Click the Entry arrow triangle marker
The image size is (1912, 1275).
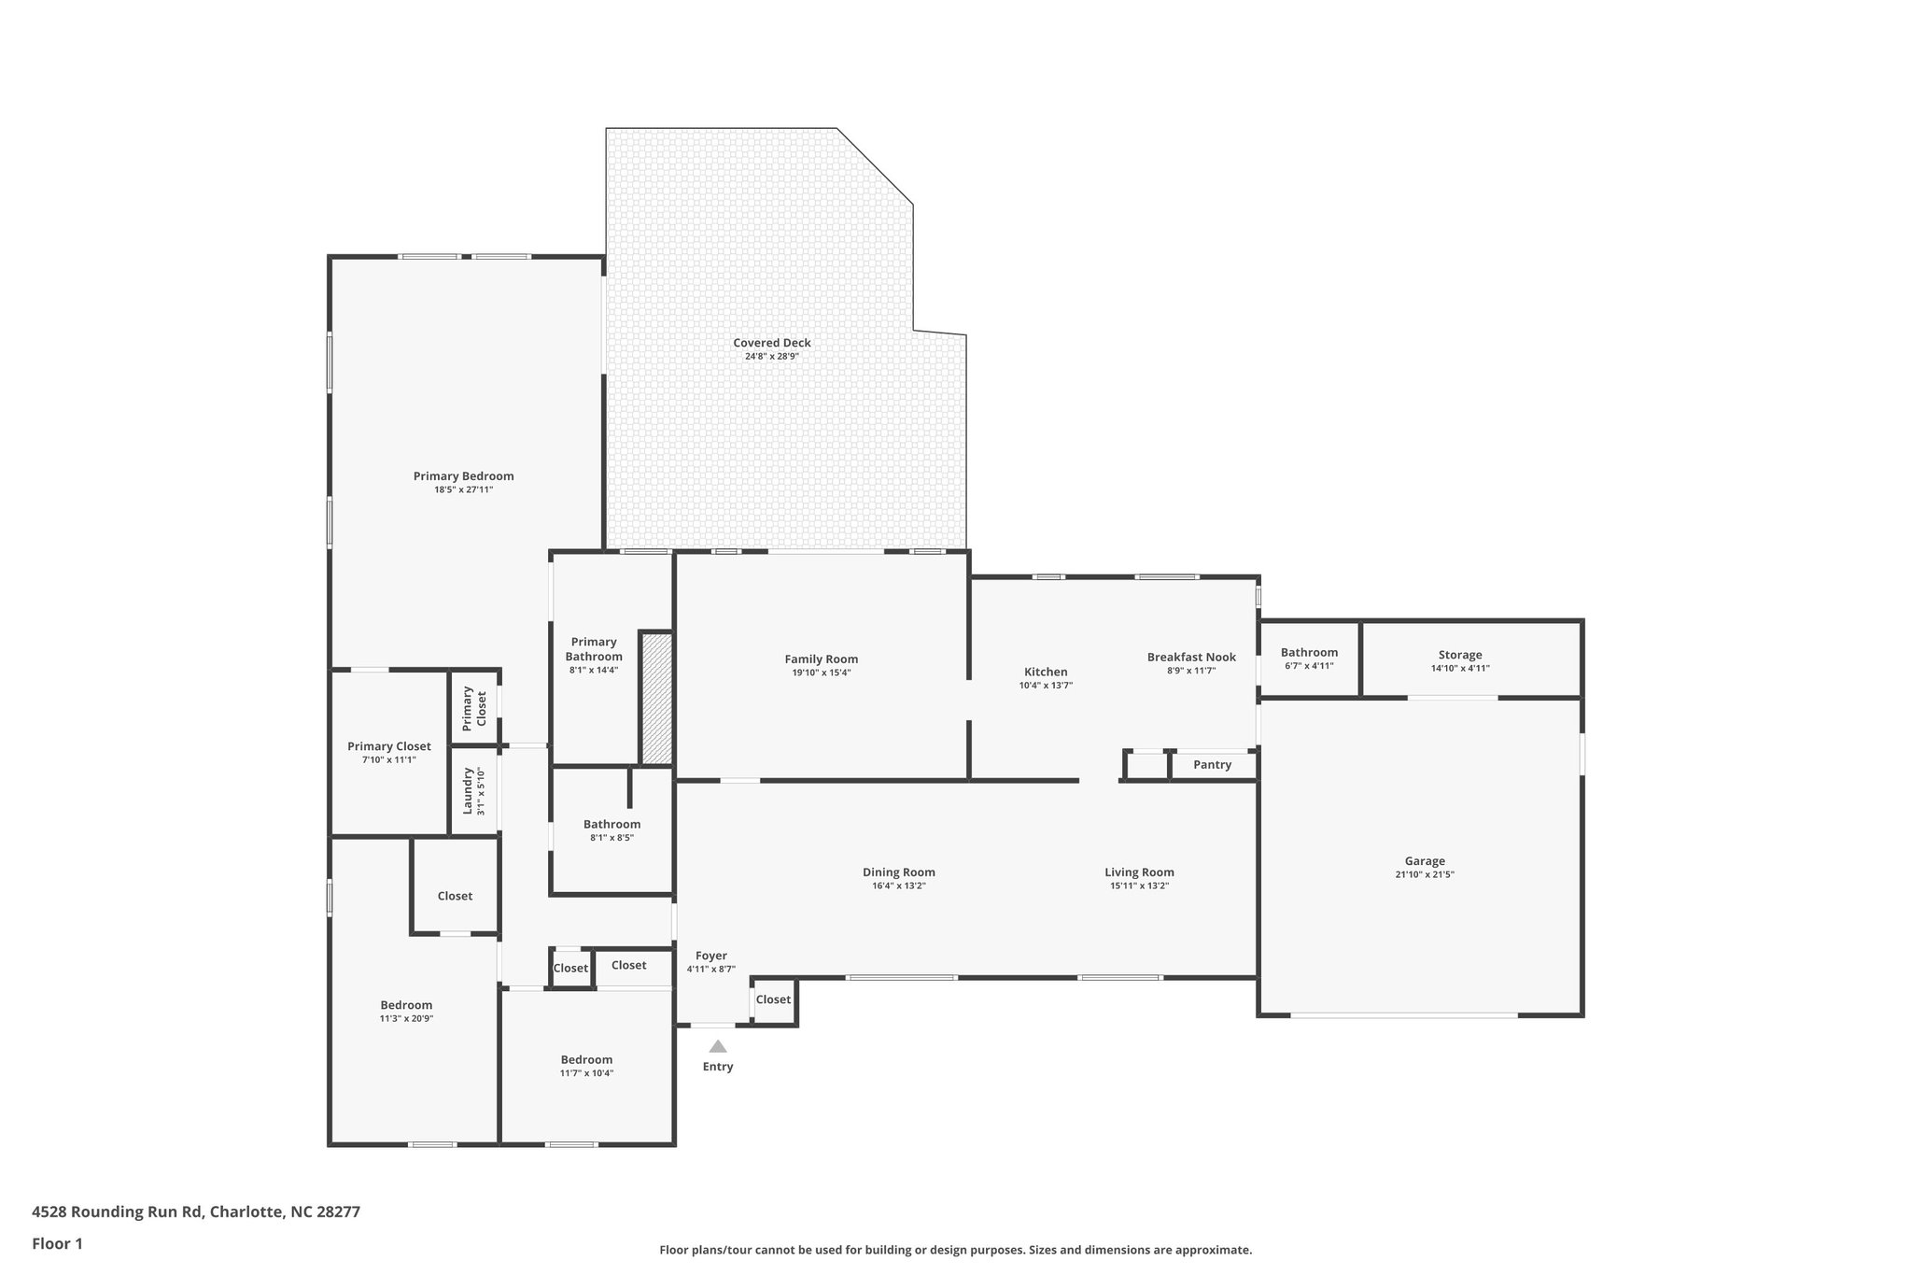pyautogui.click(x=717, y=1046)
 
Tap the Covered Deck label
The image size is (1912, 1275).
pyautogui.click(x=771, y=343)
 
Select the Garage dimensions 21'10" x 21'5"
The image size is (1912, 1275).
pyautogui.click(x=1424, y=875)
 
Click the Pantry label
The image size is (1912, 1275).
pyautogui.click(x=1212, y=765)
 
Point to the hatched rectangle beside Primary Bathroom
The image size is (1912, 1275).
pyautogui.click(x=656, y=699)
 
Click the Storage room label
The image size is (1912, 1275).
pyautogui.click(x=1459, y=655)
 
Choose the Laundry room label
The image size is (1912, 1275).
pyautogui.click(x=468, y=791)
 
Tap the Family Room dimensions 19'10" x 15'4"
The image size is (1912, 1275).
pyautogui.click(x=821, y=673)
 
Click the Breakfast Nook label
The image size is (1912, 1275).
pyautogui.click(x=1191, y=658)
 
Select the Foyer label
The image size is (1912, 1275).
pyautogui.click(x=710, y=956)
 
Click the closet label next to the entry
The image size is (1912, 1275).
pyautogui.click(x=773, y=999)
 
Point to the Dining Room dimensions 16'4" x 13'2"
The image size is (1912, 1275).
pyautogui.click(x=898, y=885)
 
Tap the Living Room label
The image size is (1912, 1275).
pyautogui.click(x=1139, y=872)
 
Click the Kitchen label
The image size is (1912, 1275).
pyautogui.click(x=1046, y=672)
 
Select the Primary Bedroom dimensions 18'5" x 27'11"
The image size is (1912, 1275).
pyautogui.click(x=463, y=489)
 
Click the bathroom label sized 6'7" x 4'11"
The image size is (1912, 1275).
pyautogui.click(x=1309, y=653)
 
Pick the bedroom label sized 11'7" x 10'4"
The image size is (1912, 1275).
pyautogui.click(x=586, y=1059)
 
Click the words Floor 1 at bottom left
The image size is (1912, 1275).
pyautogui.click(x=57, y=1244)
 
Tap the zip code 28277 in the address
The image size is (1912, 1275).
pyautogui.click(x=338, y=1211)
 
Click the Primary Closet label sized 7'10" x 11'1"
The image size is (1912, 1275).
pyautogui.click(x=388, y=746)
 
